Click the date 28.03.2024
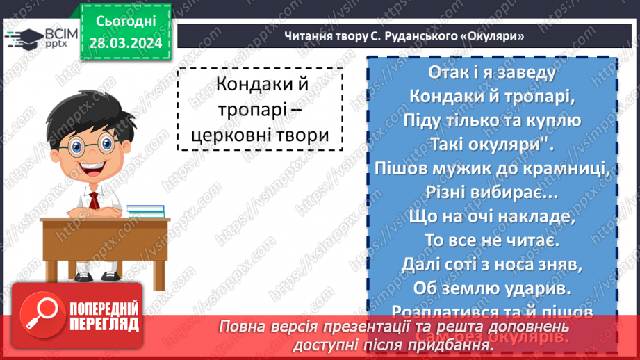point(124,42)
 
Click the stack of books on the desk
point(145,210)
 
